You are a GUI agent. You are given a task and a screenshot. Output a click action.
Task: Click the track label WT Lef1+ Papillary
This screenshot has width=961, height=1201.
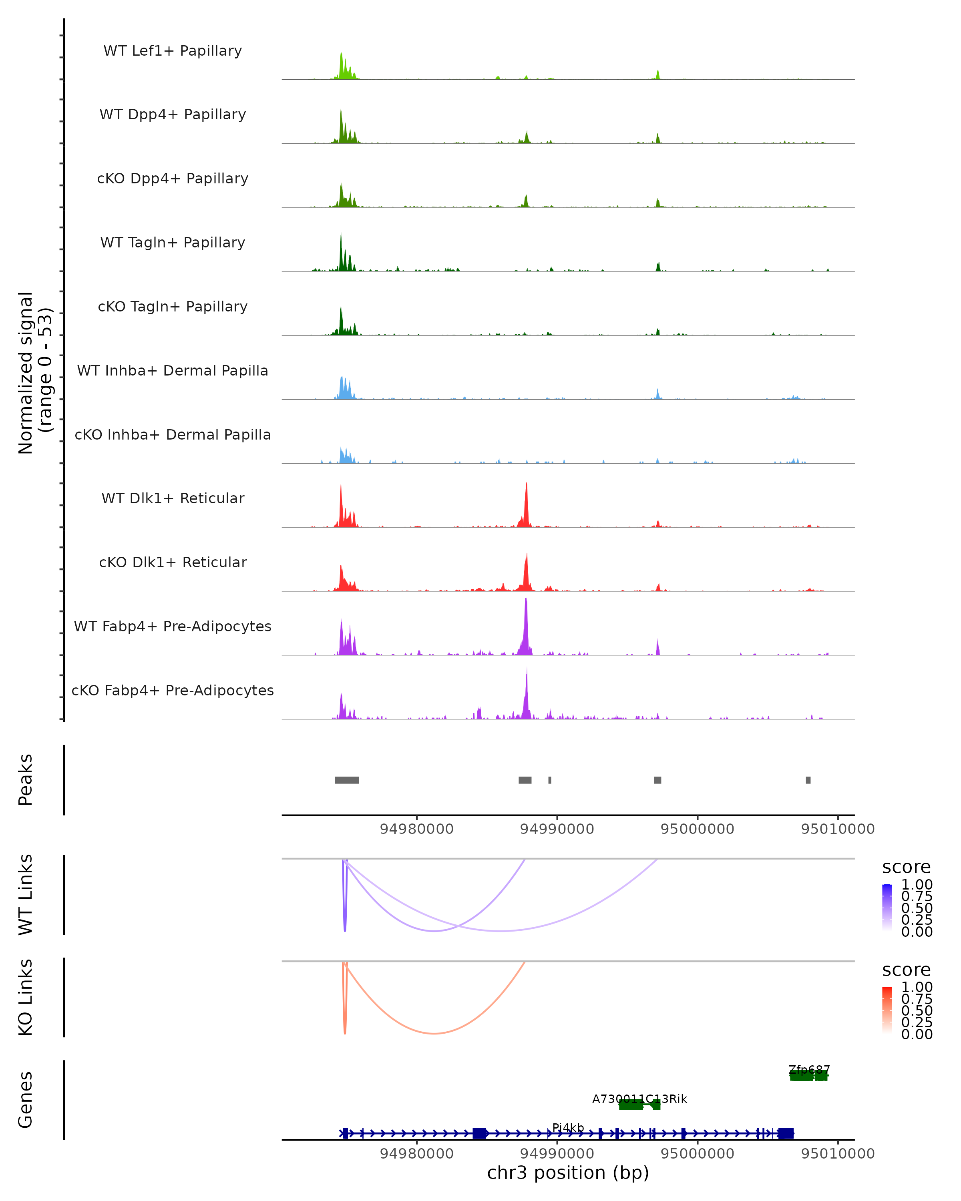[x=173, y=51]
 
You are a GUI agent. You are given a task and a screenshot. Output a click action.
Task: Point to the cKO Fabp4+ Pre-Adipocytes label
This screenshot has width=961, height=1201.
[x=173, y=690]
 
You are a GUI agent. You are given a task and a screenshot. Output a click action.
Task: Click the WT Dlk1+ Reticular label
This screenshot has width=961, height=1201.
[x=173, y=498]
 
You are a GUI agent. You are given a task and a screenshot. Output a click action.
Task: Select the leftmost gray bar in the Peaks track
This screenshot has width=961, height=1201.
[x=346, y=780]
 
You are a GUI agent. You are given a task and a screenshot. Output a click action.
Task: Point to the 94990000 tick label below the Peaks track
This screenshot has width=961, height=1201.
[x=557, y=829]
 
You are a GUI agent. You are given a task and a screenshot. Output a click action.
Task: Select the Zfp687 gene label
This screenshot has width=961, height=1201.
[x=809, y=1070]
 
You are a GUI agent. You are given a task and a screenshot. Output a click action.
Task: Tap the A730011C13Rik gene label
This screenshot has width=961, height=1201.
[x=639, y=1099]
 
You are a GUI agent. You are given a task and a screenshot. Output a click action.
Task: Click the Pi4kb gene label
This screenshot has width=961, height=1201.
[x=568, y=1127]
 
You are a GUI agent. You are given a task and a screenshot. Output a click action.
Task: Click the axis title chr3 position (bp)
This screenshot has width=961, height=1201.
[x=568, y=1173]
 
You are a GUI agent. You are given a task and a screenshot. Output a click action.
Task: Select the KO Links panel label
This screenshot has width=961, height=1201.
[x=26, y=998]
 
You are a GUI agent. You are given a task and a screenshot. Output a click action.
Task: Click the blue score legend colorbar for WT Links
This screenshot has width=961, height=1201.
[x=887, y=908]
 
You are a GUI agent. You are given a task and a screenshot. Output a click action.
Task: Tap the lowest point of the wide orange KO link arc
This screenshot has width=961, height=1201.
[x=434, y=1033]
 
